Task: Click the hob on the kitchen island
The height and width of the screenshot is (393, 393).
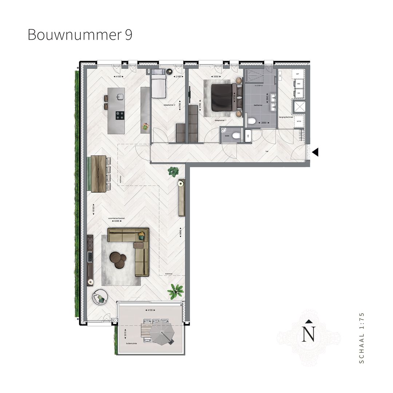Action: pos(120,115)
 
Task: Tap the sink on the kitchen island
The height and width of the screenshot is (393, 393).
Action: pos(120,97)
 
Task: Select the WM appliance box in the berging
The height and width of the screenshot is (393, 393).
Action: pos(298,84)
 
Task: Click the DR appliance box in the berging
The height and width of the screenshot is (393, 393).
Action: pos(298,93)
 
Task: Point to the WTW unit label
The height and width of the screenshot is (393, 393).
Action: pos(299,121)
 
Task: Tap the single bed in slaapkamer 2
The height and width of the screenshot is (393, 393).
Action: pos(158,84)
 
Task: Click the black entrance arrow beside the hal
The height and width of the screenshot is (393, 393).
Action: pos(315,152)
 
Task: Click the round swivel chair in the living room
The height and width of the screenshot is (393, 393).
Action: pos(99,298)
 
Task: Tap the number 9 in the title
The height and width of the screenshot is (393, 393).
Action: pos(128,35)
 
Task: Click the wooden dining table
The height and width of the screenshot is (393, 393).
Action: pos(99,174)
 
